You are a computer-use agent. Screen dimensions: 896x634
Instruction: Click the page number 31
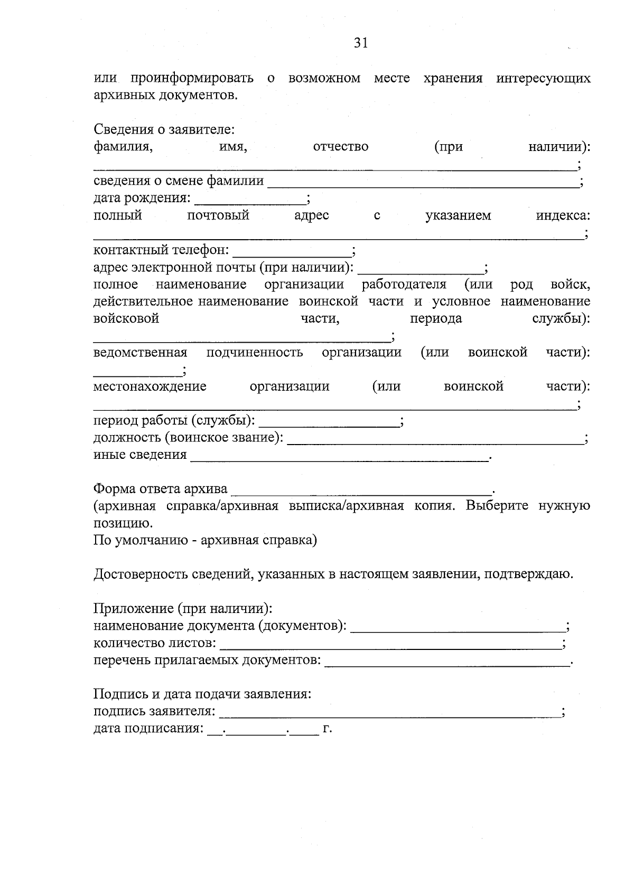click(x=361, y=43)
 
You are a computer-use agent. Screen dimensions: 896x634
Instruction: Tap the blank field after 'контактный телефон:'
click(x=292, y=251)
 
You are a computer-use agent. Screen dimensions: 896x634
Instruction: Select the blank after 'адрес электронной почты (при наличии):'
click(x=421, y=269)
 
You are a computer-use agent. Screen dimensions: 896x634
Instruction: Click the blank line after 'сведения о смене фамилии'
click(x=423, y=184)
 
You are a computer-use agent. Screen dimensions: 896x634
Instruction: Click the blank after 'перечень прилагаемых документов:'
click(x=447, y=662)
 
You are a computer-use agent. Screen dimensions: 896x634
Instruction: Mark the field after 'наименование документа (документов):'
click(x=458, y=628)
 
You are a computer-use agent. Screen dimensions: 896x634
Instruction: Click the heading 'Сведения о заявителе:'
click(x=164, y=129)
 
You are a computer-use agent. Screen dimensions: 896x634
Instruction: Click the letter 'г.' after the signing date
click(x=327, y=729)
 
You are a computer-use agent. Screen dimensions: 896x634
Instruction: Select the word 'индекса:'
click(x=563, y=215)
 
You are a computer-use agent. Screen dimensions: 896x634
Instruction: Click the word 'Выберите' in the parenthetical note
click(x=497, y=506)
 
